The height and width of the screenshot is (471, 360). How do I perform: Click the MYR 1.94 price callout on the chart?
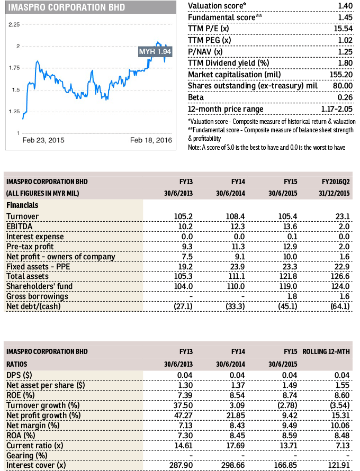(x=155, y=52)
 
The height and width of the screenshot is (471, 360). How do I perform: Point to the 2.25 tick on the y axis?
(x=14, y=25)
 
